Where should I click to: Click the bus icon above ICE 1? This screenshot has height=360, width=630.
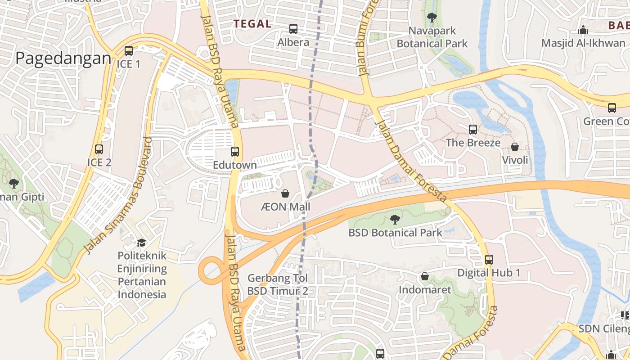(x=129, y=51)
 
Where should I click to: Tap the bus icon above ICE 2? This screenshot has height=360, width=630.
(x=99, y=149)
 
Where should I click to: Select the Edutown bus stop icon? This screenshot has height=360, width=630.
(x=235, y=152)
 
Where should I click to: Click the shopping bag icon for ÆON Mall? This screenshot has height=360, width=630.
(x=285, y=194)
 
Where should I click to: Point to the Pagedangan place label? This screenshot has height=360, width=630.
(x=63, y=58)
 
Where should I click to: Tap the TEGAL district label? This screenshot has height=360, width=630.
(x=252, y=24)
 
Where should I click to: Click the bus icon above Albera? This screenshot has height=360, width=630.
(x=293, y=29)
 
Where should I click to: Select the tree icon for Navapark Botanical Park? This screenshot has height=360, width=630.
(x=432, y=18)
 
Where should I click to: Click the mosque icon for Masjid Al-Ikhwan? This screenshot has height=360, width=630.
(x=583, y=30)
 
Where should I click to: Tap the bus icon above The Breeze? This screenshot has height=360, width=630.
(x=473, y=130)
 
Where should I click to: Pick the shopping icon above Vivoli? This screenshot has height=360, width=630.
(x=515, y=147)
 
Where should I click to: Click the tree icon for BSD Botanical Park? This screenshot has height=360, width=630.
(x=395, y=220)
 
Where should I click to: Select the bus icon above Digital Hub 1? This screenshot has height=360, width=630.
(x=489, y=260)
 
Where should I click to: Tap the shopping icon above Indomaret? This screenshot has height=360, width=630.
(x=424, y=276)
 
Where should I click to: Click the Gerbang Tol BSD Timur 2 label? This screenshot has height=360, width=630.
(x=278, y=284)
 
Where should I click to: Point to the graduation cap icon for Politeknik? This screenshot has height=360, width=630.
(x=142, y=243)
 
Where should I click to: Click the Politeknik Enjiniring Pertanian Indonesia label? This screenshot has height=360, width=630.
(x=142, y=275)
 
